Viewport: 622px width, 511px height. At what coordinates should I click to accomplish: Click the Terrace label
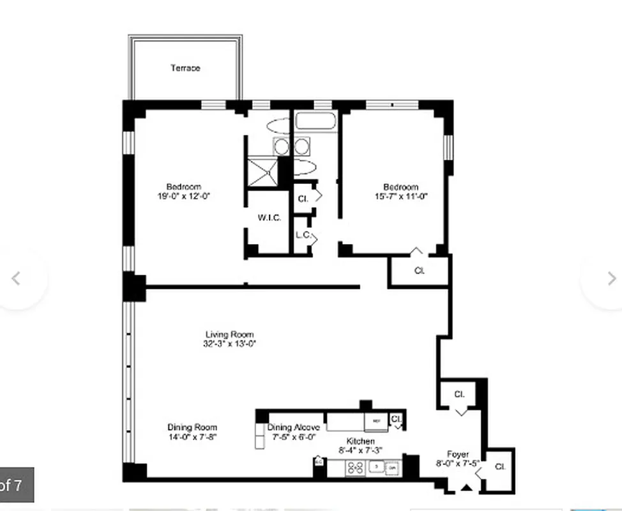tap(185, 68)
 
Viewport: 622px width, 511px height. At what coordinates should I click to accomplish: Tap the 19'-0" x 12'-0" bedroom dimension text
tap(184, 196)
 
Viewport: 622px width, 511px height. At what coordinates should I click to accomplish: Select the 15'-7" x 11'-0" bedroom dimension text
tap(400, 197)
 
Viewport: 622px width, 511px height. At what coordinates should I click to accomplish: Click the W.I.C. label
tap(269, 217)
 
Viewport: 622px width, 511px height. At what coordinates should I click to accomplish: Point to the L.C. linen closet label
tap(303, 234)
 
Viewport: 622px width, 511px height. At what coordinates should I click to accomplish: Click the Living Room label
tap(229, 334)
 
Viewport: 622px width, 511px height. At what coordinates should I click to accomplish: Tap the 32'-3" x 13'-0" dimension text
tap(229, 344)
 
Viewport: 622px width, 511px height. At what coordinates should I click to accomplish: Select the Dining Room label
tap(192, 427)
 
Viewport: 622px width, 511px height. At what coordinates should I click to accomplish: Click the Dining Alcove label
tap(294, 427)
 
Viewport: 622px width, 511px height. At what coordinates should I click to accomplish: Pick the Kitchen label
tap(360, 441)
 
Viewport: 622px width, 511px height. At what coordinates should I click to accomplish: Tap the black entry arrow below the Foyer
tap(467, 489)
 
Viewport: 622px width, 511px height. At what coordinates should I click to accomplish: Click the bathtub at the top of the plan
tap(316, 121)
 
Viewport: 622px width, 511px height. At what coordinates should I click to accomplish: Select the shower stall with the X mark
tap(262, 171)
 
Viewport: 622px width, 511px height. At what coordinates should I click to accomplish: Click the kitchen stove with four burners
tap(355, 468)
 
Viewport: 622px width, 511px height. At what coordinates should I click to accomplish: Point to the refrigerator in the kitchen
tap(376, 422)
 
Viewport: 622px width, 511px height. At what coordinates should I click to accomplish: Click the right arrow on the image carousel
tap(611, 278)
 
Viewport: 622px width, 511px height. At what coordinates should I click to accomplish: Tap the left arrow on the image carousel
tap(17, 278)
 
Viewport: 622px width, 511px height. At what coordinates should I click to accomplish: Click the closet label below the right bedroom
tap(420, 271)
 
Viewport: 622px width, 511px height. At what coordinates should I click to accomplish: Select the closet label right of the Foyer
tap(500, 467)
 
